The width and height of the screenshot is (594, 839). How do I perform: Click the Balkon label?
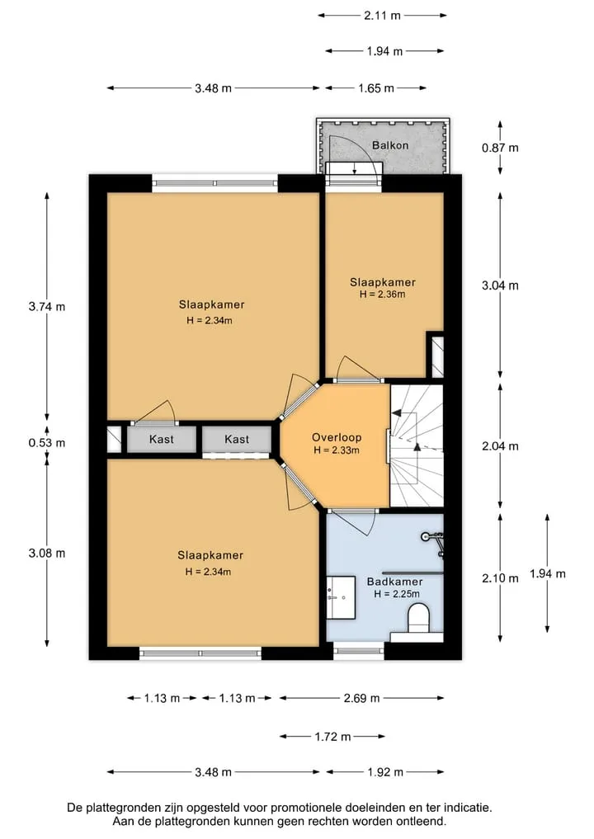(x=390, y=145)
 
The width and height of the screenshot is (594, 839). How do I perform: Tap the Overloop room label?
(x=337, y=437)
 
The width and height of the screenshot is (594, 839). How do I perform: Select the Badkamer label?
(x=395, y=582)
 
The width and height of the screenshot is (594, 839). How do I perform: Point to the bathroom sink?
(x=341, y=597)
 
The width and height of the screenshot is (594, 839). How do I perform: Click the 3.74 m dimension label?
(x=47, y=307)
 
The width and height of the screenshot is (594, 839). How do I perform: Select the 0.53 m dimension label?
(x=47, y=442)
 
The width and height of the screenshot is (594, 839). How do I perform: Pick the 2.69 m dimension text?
(x=361, y=698)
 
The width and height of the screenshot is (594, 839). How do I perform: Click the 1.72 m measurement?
(x=332, y=737)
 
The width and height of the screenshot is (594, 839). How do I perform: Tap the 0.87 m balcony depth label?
(x=500, y=148)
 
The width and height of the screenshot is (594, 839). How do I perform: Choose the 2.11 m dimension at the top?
(x=383, y=16)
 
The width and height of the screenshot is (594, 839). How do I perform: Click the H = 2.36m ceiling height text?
(x=383, y=294)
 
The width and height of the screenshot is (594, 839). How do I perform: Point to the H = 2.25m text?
(x=397, y=594)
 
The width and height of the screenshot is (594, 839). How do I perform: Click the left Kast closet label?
(x=162, y=439)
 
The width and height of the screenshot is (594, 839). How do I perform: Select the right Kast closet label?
(x=237, y=439)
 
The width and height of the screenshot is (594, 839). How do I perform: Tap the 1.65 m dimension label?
(x=376, y=88)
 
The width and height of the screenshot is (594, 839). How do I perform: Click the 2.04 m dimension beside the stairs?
(x=500, y=445)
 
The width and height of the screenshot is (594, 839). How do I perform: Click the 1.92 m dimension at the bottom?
(x=385, y=772)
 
